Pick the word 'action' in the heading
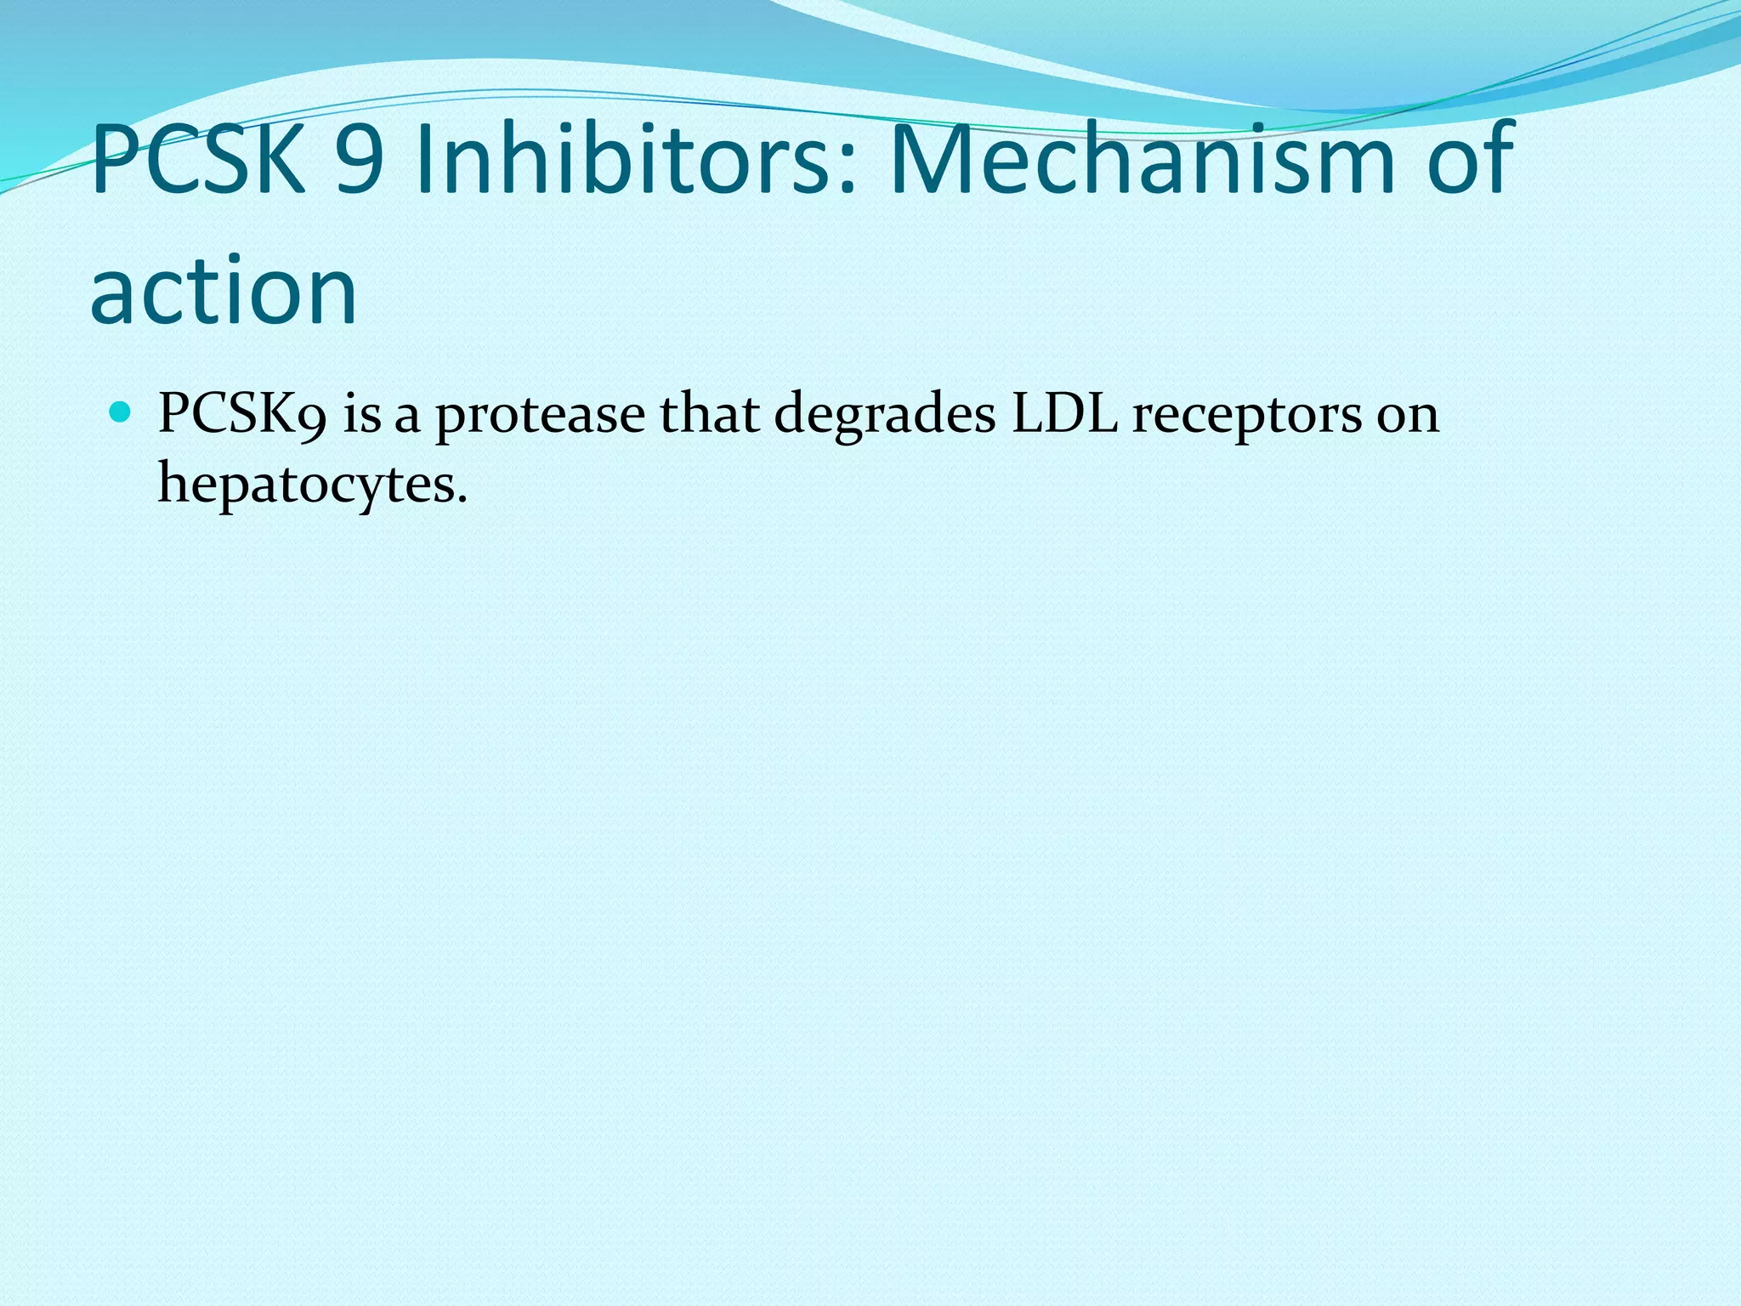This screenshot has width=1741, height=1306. pyautogui.click(x=223, y=291)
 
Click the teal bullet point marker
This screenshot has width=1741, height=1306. pyautogui.click(x=122, y=414)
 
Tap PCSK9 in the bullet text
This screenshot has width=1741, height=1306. pyautogui.click(x=242, y=415)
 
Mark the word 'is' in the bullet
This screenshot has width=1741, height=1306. pyautogui.click(x=362, y=415)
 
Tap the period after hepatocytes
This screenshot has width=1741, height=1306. pyautogui.click(x=462, y=498)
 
